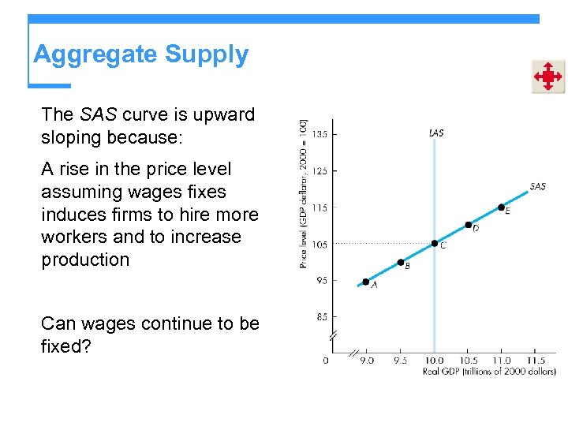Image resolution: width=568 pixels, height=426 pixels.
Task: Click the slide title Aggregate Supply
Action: [140, 54]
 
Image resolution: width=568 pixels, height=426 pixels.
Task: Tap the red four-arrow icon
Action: [547, 77]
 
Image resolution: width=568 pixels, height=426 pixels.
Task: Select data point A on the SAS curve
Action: [365, 282]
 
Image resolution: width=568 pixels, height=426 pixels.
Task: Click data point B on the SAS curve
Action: [401, 262]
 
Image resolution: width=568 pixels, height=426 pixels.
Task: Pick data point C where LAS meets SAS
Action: [435, 243]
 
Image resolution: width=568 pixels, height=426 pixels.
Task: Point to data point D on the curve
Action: [468, 225]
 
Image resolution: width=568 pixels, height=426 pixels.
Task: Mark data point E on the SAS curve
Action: [502, 207]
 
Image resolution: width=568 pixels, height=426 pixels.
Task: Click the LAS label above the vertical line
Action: [435, 133]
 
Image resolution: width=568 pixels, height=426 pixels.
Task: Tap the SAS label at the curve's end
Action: [537, 187]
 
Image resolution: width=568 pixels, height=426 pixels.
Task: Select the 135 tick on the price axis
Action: [319, 134]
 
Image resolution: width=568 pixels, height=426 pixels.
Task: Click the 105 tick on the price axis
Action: [319, 245]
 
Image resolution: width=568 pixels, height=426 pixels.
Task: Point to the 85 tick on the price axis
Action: [321, 317]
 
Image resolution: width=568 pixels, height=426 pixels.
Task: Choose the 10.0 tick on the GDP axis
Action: [435, 361]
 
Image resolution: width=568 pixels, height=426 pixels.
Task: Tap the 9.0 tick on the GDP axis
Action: [368, 361]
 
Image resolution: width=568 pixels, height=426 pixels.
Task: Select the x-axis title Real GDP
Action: [489, 370]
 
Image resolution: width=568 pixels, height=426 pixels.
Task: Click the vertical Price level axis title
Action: [304, 193]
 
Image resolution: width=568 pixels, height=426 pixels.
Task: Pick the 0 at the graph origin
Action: [326, 361]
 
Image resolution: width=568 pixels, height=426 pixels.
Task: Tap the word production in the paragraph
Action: [85, 260]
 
